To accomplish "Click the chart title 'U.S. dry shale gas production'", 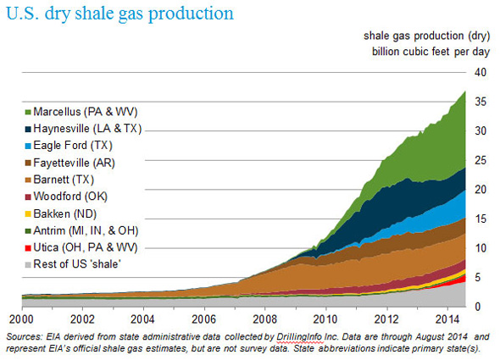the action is [x=119, y=14].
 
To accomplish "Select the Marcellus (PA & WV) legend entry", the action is [x=81, y=112].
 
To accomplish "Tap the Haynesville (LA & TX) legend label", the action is [x=83, y=129].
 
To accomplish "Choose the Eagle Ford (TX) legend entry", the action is [x=69, y=146].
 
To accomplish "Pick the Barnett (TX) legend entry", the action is [x=59, y=180].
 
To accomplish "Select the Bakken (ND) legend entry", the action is [x=60, y=213].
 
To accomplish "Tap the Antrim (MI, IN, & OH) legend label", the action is [x=86, y=230].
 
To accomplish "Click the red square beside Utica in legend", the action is [x=28, y=247].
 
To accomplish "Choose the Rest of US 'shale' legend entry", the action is [x=73, y=264].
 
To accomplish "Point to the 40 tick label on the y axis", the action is [x=481, y=72].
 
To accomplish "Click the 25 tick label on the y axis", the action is [x=481, y=160].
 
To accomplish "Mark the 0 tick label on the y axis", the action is [x=477, y=307].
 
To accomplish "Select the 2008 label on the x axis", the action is [x=264, y=318].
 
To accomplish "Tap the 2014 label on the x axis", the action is [x=447, y=318].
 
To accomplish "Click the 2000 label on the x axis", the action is [x=21, y=318].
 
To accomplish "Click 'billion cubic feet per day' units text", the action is [x=431, y=52].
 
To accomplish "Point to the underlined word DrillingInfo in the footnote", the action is [x=299, y=337].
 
